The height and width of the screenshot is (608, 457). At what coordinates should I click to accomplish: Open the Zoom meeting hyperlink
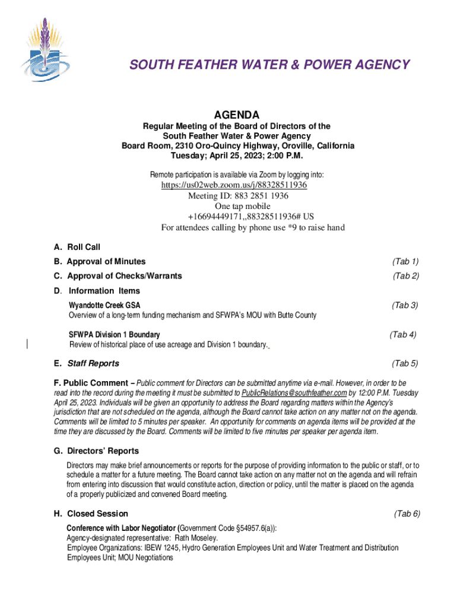pyautogui.click(x=234, y=185)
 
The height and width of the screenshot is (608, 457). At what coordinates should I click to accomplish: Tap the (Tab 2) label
pyautogui.click(x=406, y=275)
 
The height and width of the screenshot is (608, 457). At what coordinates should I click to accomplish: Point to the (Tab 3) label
pyautogui.click(x=405, y=305)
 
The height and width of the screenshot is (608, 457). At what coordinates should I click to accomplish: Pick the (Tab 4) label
pyautogui.click(x=403, y=334)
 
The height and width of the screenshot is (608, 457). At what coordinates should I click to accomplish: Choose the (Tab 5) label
pyautogui.click(x=405, y=363)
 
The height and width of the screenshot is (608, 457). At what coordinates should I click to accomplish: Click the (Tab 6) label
pyautogui.click(x=407, y=514)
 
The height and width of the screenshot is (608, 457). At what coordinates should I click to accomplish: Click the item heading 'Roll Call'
pyautogui.click(x=84, y=247)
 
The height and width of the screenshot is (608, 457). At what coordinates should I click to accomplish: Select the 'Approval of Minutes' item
pyautogui.click(x=106, y=261)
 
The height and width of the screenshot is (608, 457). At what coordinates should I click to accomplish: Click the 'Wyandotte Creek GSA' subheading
pyautogui.click(x=105, y=305)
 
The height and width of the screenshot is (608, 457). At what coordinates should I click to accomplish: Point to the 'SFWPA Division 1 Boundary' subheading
pyautogui.click(x=115, y=335)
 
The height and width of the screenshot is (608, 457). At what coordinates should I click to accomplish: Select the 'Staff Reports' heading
pyautogui.click(x=93, y=363)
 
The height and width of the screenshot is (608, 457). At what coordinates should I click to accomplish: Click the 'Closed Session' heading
pyautogui.click(x=97, y=514)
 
